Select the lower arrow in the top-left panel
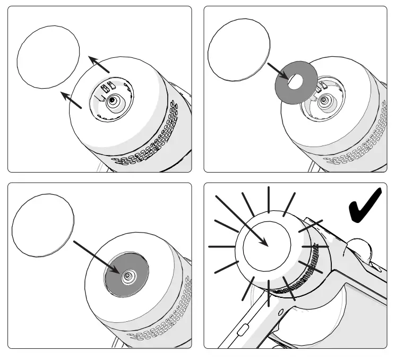click(x=72, y=100)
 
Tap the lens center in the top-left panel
click(x=112, y=101)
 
